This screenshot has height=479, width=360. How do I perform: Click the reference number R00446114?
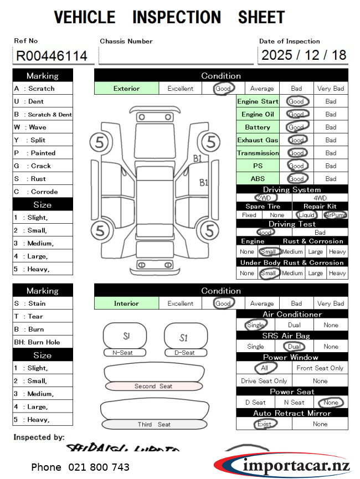coord(52,55)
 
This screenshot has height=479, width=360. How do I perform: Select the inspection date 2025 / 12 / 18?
coord(304,55)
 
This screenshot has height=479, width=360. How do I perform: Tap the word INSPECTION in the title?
coord(177,17)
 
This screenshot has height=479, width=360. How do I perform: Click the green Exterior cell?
coord(126,89)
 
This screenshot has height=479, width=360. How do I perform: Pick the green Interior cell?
coord(126,303)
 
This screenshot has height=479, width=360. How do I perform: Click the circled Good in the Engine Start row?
coord(296,101)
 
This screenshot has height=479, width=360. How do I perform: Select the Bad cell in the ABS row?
coord(331,179)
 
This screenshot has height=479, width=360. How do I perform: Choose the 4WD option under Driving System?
coord(320,198)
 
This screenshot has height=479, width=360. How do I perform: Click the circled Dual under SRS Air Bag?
coord(294,347)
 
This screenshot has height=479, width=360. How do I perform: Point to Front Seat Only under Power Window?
coord(320,368)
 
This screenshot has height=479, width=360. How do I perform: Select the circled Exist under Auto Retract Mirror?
coord(264,424)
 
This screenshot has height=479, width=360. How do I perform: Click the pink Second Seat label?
coord(153,386)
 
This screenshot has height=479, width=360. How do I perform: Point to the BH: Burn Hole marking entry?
coord(37,342)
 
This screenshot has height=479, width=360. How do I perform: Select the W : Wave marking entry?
coord(30,127)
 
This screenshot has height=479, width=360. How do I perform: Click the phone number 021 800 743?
coord(80,467)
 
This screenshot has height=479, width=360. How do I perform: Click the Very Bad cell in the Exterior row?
coord(331,89)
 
